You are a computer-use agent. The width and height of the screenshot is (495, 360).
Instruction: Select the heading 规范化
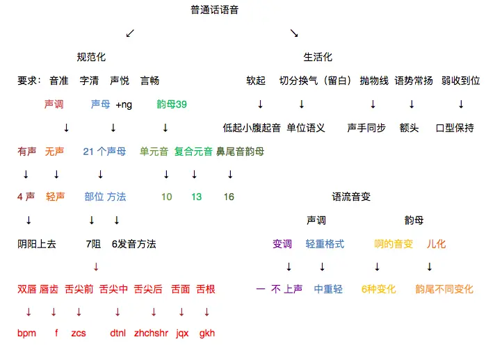[91, 57]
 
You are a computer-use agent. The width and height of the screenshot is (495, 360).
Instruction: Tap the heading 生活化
[318, 57]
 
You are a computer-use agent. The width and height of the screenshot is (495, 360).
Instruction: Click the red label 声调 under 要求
[54, 104]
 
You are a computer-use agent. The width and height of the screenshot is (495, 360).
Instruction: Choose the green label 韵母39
[172, 104]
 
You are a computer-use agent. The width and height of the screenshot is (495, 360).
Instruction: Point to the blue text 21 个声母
[104, 151]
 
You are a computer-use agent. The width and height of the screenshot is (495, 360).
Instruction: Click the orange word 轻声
[56, 197]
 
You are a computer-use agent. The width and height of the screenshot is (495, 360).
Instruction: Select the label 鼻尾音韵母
[240, 151]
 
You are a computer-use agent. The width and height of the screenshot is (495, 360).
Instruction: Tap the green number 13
[197, 197]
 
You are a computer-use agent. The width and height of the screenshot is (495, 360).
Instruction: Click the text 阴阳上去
[37, 244]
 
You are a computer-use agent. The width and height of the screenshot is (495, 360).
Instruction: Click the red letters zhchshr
[151, 333]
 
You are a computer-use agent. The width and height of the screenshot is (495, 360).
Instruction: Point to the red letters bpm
[26, 333]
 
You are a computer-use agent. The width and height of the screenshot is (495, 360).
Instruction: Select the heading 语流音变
[351, 197]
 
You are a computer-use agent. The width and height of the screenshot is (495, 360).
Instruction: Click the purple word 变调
[282, 244]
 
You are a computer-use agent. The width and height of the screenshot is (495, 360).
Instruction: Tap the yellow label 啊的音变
[393, 244]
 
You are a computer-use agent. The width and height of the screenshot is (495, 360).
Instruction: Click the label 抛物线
[374, 81]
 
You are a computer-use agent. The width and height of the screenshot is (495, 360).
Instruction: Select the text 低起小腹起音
[252, 128]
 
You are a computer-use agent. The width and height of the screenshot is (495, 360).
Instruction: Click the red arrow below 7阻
[96, 267]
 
